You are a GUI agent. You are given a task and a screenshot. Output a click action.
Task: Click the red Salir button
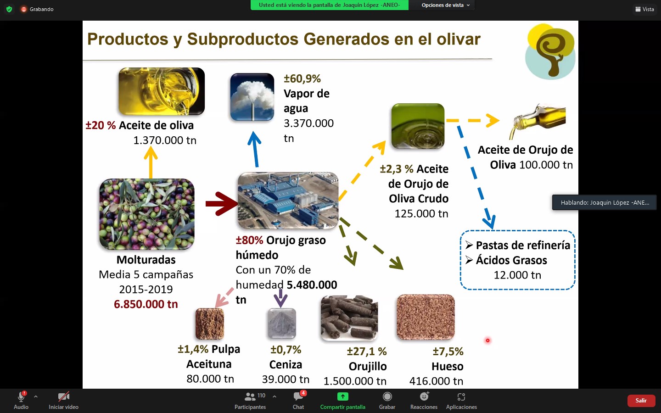pos(641,400)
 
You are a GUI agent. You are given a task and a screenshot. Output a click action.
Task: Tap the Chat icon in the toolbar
pos(298,396)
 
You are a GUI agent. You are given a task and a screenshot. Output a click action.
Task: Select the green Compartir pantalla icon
pos(342,396)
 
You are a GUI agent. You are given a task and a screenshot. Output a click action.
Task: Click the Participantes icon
pos(250,396)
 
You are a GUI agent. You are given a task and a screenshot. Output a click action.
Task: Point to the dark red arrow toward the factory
pos(222,204)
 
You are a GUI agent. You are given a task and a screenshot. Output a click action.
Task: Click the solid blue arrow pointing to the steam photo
pos(254,149)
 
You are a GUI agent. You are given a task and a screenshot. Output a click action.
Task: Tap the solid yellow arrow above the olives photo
pos(151,162)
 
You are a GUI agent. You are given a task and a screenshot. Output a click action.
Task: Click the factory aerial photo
pos(288,201)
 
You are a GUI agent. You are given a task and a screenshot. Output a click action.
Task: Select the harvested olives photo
pos(147,214)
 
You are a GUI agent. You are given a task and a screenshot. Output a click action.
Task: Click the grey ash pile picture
pos(282,324)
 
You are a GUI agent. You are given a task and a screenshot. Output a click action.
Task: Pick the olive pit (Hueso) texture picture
pos(426,317)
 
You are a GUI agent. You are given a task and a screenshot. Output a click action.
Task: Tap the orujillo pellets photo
pos(349,318)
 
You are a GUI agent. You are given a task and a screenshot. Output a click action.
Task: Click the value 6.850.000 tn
pos(146,304)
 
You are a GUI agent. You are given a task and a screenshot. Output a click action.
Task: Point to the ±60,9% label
pos(302,79)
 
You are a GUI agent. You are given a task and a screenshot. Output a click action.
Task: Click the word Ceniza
pos(286,365)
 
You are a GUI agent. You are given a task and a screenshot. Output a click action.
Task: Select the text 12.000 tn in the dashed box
pos(517,275)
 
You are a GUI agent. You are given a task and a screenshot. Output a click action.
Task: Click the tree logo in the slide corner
pos(550,51)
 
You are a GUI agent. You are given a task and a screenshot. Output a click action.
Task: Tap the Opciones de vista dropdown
pos(445,5)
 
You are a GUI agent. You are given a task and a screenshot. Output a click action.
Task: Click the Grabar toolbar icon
pos(387,396)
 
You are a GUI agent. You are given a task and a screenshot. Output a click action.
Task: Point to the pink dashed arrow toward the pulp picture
pos(224,297)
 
